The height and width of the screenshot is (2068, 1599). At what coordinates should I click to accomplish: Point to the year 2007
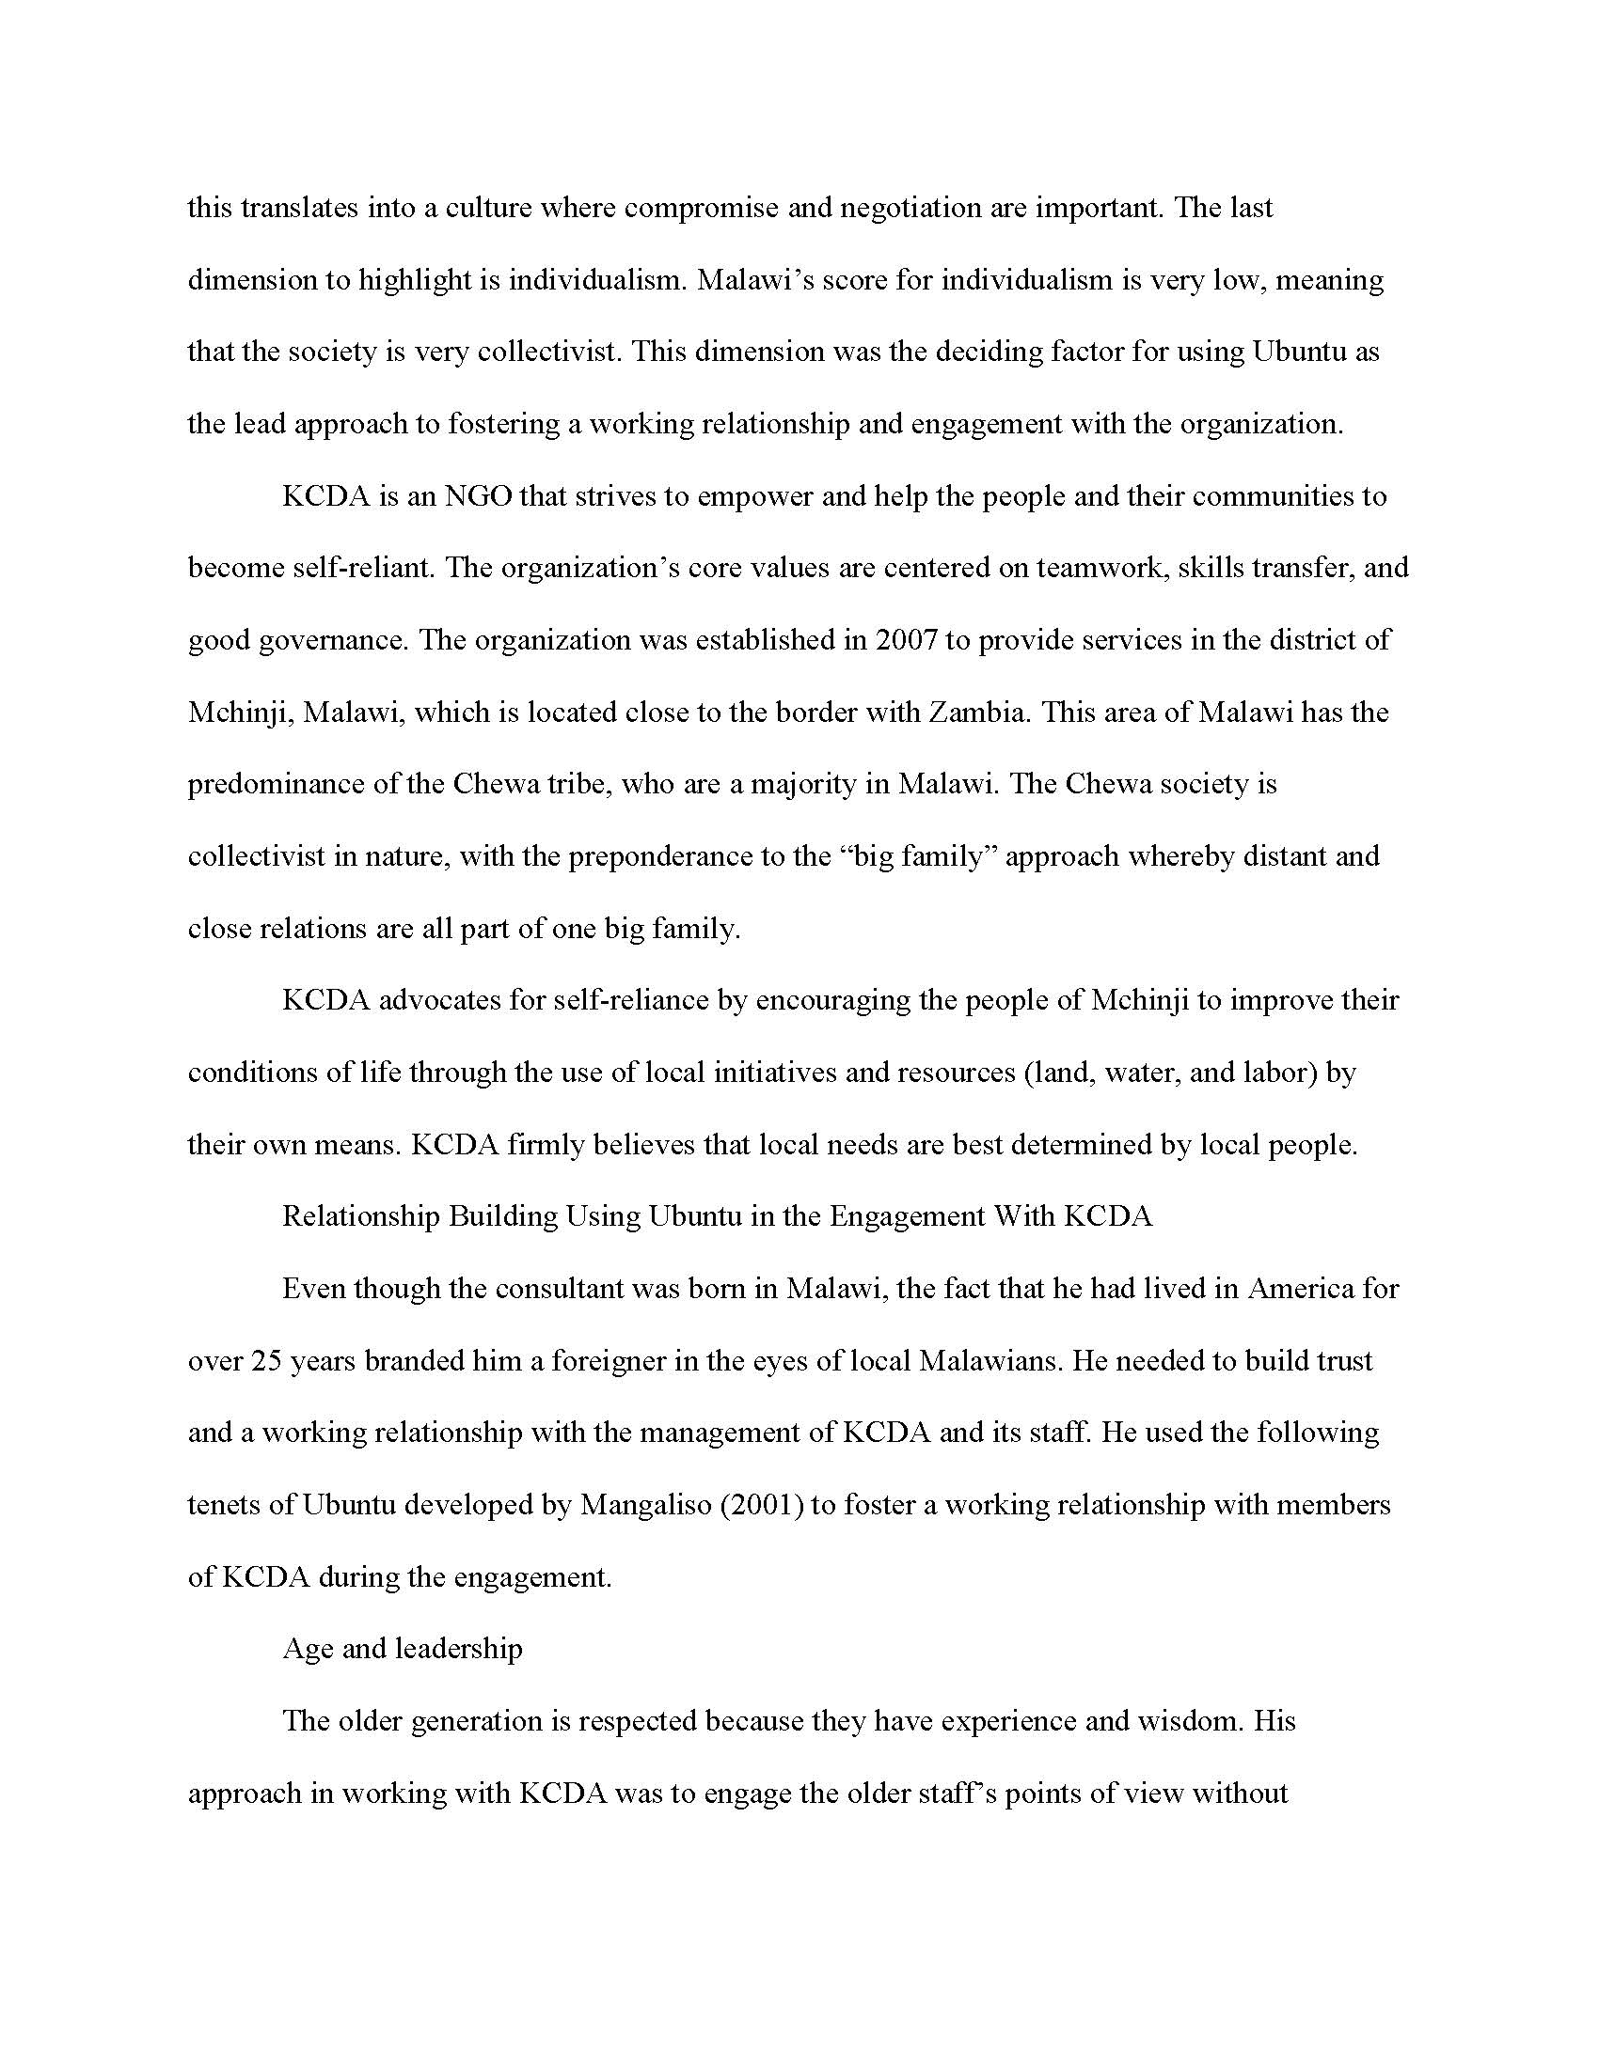(x=907, y=640)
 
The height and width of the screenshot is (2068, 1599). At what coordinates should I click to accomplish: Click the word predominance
(x=276, y=785)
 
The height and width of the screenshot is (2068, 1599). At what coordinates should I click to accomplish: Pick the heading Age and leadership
(x=402, y=1649)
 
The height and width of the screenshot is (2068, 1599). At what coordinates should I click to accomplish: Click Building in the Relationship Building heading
(x=502, y=1216)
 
